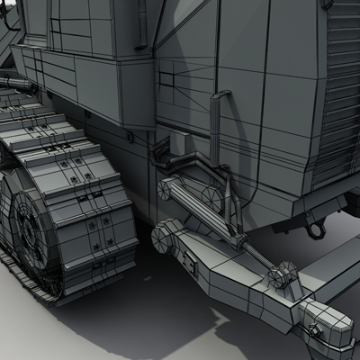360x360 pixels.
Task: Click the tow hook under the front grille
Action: pos(314,229)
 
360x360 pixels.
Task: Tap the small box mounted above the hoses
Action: pos(177,142)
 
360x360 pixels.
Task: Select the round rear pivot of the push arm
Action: pos(163,237)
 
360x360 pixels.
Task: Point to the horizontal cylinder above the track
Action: pos(18,84)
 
